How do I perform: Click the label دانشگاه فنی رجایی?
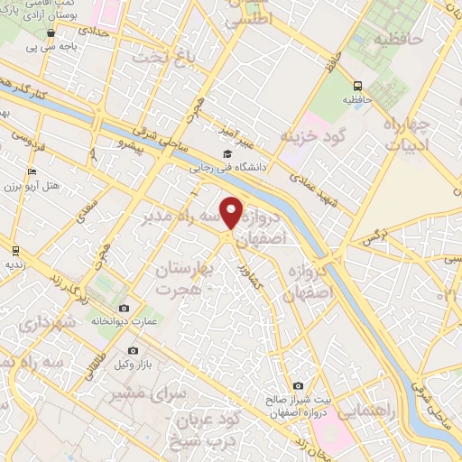[x=226, y=167]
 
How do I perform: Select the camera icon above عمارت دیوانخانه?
[x=125, y=307]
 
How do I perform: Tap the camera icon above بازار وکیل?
[x=133, y=350]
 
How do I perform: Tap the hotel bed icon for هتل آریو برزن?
[x=32, y=171]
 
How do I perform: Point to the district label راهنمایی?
[x=363, y=409]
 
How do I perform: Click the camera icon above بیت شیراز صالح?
[x=298, y=385]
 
